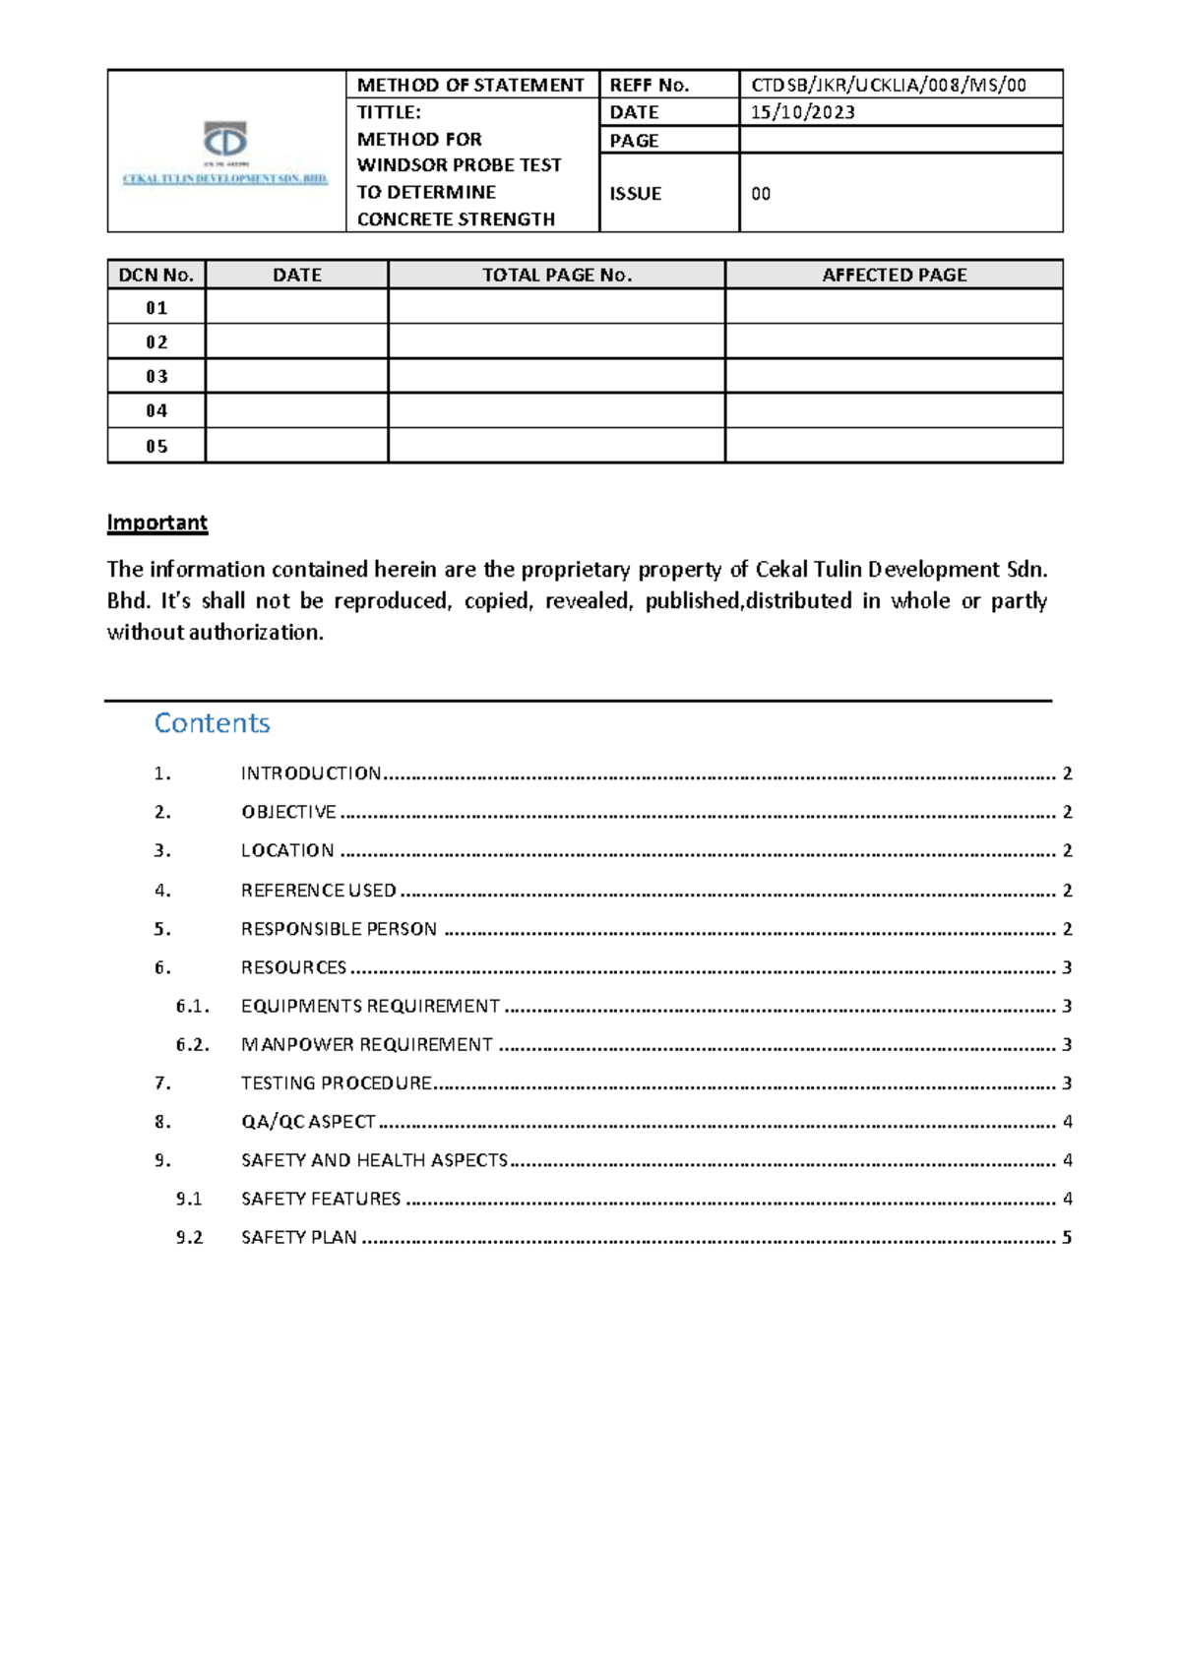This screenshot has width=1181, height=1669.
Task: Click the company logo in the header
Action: coord(225,153)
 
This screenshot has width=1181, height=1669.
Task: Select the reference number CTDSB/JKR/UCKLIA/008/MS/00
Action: coord(888,85)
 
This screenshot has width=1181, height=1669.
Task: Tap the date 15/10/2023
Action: coord(802,112)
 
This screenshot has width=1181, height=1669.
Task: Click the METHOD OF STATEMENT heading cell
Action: coord(470,85)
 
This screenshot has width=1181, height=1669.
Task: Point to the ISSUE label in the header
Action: coord(635,194)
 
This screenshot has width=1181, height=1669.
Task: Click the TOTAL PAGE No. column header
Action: coord(556,275)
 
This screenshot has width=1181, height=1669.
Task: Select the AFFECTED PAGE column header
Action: coord(894,275)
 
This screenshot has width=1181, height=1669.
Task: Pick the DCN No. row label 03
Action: coord(156,376)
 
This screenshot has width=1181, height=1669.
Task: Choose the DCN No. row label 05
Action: coord(156,446)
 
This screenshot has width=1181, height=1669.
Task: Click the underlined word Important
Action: coord(156,522)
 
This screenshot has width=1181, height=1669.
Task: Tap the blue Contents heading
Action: coord(212,722)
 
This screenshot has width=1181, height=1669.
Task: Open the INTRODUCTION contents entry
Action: coord(311,773)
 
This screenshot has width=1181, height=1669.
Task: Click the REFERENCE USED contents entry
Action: coord(318,891)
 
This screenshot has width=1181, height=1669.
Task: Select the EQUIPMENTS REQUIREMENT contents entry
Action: coord(370,1006)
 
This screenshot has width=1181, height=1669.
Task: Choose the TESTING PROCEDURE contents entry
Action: coord(336,1082)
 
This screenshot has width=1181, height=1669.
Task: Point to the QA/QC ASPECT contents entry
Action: coord(308,1121)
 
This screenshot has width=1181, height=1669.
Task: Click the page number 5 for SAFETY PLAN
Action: coord(1067,1237)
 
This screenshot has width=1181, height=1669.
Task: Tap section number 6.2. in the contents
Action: coord(193,1044)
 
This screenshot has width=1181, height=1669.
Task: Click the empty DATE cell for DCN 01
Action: coord(296,307)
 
